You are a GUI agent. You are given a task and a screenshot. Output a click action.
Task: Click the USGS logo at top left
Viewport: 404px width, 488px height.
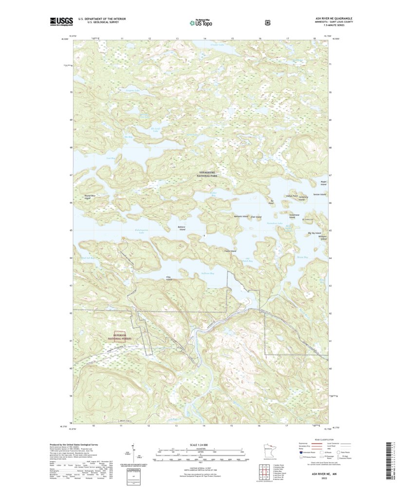click(x=61, y=21)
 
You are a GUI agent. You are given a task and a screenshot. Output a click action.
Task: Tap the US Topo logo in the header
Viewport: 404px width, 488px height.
click(x=202, y=22)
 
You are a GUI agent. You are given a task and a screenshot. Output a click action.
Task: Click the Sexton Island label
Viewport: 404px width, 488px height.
click(x=319, y=194)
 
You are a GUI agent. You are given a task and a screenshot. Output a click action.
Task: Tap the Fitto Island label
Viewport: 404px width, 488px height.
click(x=169, y=279)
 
